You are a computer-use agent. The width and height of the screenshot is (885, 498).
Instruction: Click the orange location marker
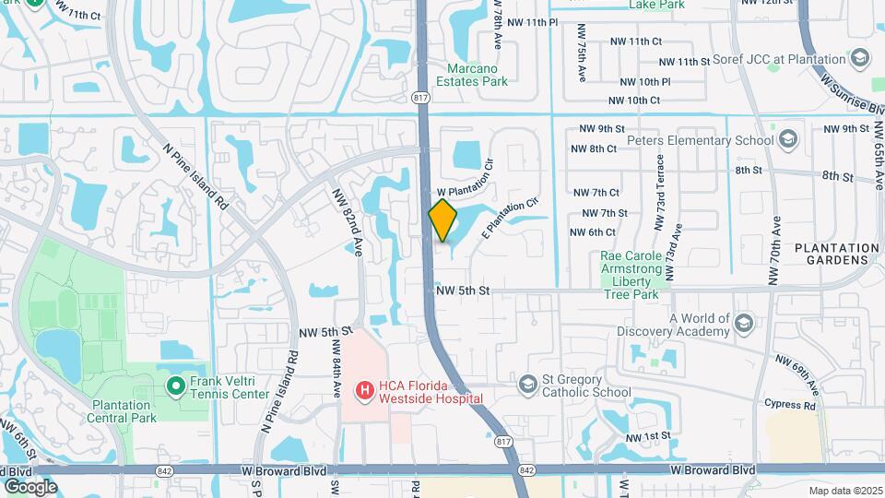click(x=443, y=220)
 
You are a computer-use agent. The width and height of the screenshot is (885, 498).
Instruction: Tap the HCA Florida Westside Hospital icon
click(x=364, y=391)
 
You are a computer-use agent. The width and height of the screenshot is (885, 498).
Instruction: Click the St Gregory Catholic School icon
click(x=527, y=384)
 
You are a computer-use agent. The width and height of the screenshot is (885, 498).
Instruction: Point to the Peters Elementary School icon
click(x=788, y=140)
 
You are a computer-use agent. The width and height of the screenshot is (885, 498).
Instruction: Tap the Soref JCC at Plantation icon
click(x=860, y=59)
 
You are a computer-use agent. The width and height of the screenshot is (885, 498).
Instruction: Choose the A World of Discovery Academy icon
click(x=745, y=324)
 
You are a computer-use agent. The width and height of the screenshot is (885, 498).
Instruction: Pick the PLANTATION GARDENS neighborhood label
click(x=837, y=254)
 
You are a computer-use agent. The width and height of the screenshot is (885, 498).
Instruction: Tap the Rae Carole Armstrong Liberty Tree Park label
click(x=631, y=275)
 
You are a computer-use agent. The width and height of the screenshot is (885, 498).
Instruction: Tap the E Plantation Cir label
click(x=508, y=218)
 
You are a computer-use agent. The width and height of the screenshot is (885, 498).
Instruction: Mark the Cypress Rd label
click(x=790, y=404)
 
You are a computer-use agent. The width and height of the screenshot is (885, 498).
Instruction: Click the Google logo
click(x=30, y=486)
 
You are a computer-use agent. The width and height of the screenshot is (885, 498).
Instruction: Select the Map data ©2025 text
click(x=844, y=491)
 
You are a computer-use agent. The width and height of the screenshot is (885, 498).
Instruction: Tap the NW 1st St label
click(x=646, y=436)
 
